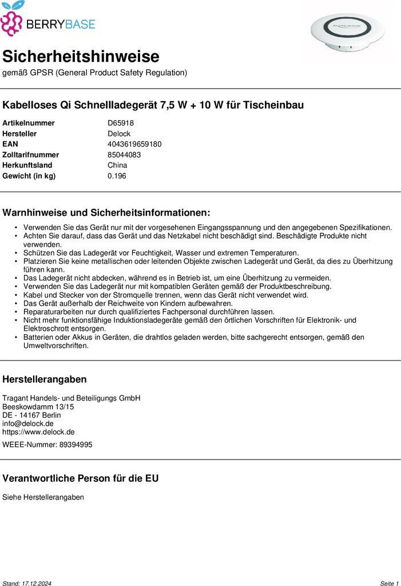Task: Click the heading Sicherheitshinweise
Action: coord(81,57)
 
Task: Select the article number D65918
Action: coord(120,123)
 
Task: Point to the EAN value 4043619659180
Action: coord(134,144)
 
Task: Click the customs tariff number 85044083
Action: coord(124,155)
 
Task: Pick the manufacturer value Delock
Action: coord(119,134)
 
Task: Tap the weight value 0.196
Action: coord(117,176)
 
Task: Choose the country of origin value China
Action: coord(117,165)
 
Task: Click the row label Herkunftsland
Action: coord(27,165)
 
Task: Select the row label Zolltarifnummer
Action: coord(30,155)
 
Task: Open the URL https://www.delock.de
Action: coord(38,432)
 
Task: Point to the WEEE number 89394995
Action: coord(76,445)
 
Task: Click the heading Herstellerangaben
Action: coord(45,379)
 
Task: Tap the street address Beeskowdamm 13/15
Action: coord(38,407)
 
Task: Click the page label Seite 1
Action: coord(389,583)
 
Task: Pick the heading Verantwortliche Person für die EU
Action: coord(81,478)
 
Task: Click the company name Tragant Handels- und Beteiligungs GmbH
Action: coord(71,398)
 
